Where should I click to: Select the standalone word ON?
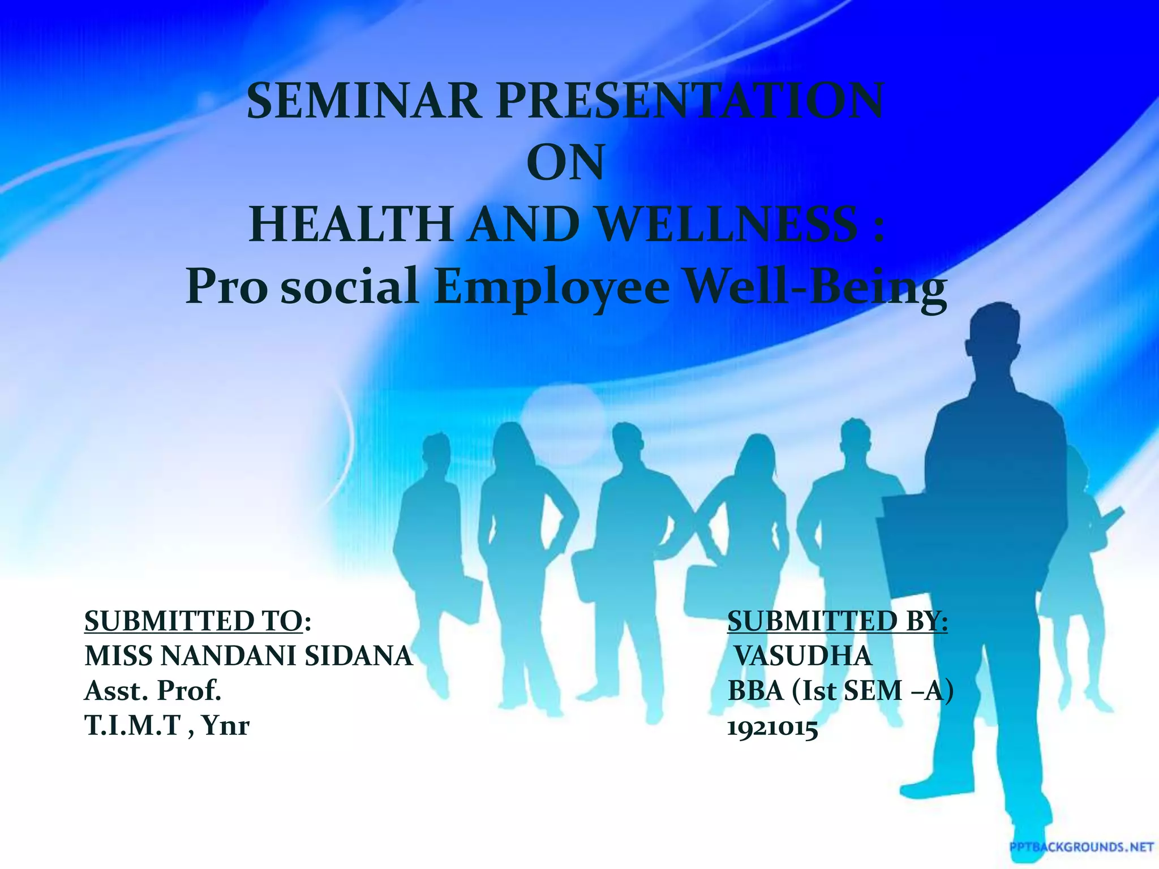coord(565,164)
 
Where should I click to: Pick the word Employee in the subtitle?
coord(551,287)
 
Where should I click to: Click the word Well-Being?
coord(815,287)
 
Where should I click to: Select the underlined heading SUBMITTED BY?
coord(837,621)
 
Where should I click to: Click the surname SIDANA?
coord(359,656)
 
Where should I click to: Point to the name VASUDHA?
coord(803,656)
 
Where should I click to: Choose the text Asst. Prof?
coord(152,691)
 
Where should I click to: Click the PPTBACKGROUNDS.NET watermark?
coord(1081,847)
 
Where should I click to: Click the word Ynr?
coord(226,726)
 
